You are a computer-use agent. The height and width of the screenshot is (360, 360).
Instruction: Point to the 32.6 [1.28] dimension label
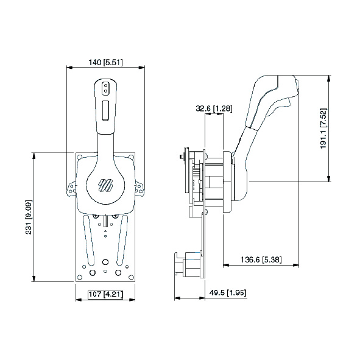tap(214, 109)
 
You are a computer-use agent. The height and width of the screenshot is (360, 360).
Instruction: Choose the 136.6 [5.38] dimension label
tap(261, 260)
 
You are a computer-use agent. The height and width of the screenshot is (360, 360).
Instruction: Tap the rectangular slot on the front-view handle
tap(105, 111)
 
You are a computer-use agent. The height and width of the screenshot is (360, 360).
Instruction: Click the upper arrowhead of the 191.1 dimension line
tap(329, 78)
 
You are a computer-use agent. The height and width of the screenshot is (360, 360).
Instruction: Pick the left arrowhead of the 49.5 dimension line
tap(177, 298)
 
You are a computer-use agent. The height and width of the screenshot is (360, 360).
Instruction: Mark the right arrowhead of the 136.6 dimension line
tap(297, 265)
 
